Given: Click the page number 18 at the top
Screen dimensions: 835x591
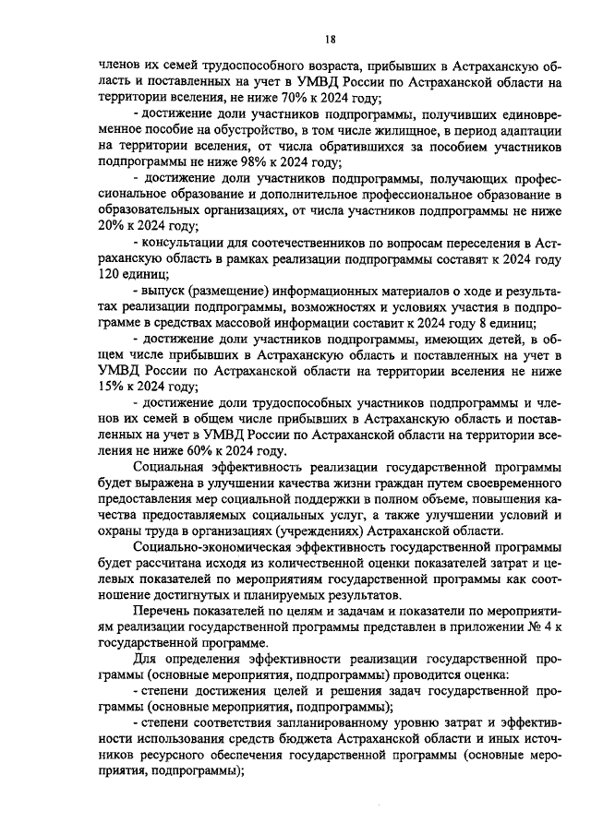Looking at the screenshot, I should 330,38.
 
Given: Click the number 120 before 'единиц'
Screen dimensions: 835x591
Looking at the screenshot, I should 110,274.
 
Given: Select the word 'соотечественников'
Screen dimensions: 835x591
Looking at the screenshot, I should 298,242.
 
